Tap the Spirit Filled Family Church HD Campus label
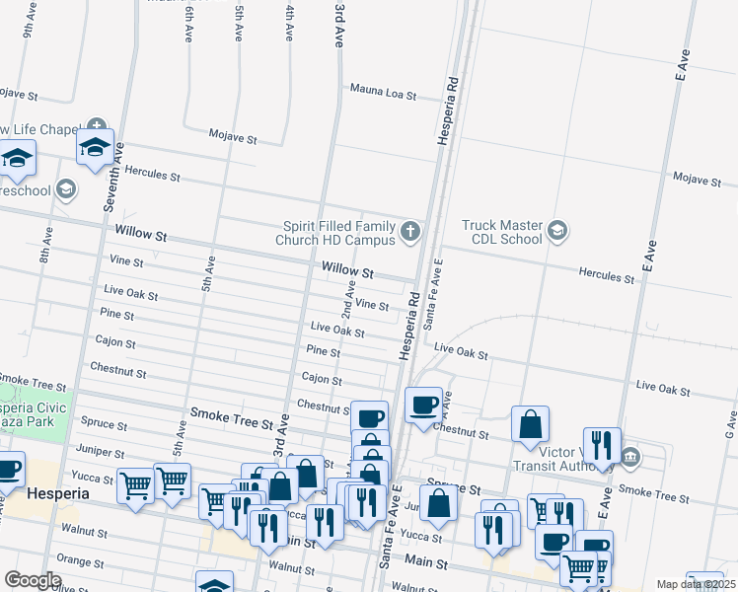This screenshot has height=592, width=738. coord(339,232)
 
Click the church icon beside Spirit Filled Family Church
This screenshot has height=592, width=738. coord(410,233)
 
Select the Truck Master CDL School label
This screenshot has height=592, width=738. coord(502,231)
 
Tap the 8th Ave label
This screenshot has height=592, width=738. coord(46,247)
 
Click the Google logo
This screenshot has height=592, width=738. coord(33,579)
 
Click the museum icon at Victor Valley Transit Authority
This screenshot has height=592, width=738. coord(630,457)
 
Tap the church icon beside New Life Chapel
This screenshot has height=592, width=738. coord(96,127)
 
